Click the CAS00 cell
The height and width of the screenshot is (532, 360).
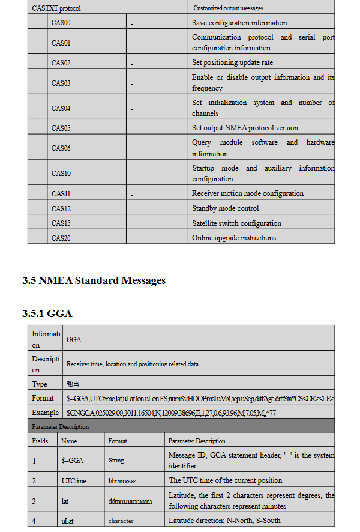[x=61, y=23]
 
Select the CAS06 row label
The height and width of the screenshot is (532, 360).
[x=61, y=148]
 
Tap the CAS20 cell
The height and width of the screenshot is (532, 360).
[x=61, y=238]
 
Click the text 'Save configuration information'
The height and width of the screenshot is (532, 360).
[x=239, y=23]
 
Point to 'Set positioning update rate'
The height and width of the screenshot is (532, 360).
[x=232, y=62]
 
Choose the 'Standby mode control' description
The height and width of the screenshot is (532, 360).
[x=225, y=208]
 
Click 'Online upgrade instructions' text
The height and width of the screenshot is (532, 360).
[x=234, y=238]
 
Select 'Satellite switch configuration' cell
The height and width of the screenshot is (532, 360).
[x=236, y=223]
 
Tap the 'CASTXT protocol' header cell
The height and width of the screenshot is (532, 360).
[x=56, y=8]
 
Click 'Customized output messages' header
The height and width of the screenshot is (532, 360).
[x=228, y=8]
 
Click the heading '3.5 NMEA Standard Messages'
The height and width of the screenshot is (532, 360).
[x=94, y=280]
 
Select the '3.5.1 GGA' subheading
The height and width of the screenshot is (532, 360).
[x=47, y=313]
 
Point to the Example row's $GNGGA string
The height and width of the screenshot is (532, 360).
[x=171, y=413]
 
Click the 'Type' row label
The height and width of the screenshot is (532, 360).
[x=40, y=384]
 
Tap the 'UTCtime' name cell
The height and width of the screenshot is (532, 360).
[x=74, y=480]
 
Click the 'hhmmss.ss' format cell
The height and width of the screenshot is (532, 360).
[x=122, y=480]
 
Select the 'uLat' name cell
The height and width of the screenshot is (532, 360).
[x=68, y=521]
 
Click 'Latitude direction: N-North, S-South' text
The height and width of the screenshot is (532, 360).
[x=224, y=521]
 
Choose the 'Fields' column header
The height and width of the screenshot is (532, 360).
[x=40, y=441]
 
